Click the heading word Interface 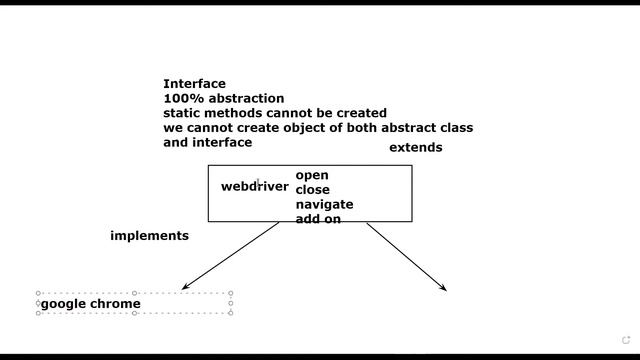tap(194, 84)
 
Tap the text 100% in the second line tap(180, 99)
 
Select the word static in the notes tap(182, 113)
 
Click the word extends tap(415, 148)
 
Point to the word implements tap(149, 236)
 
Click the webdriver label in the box tap(254, 186)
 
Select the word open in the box tap(311, 176)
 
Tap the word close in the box tap(312, 190)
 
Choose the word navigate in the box tap(324, 204)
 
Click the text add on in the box tap(318, 218)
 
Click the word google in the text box tap(63, 304)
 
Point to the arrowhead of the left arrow tap(185, 289)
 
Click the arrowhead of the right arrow tap(444, 289)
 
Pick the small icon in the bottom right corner tap(627, 340)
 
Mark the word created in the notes tap(360, 113)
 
